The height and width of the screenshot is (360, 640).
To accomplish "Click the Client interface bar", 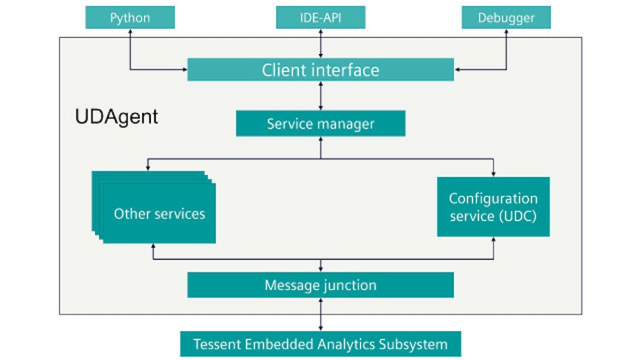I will [x=320, y=70].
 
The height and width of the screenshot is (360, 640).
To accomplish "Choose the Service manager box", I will [x=320, y=124].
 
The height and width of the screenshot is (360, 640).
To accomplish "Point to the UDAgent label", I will [x=117, y=117].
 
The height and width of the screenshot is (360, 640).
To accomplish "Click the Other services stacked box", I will [x=159, y=213].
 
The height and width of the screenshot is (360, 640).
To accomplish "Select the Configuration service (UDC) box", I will [x=493, y=206].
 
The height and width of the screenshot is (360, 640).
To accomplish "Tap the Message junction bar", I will [x=320, y=285].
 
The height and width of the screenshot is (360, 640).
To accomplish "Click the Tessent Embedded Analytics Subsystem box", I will [x=320, y=344].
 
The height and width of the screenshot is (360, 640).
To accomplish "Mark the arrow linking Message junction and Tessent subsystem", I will [x=321, y=314].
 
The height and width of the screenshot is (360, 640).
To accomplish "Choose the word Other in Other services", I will [x=130, y=213].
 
